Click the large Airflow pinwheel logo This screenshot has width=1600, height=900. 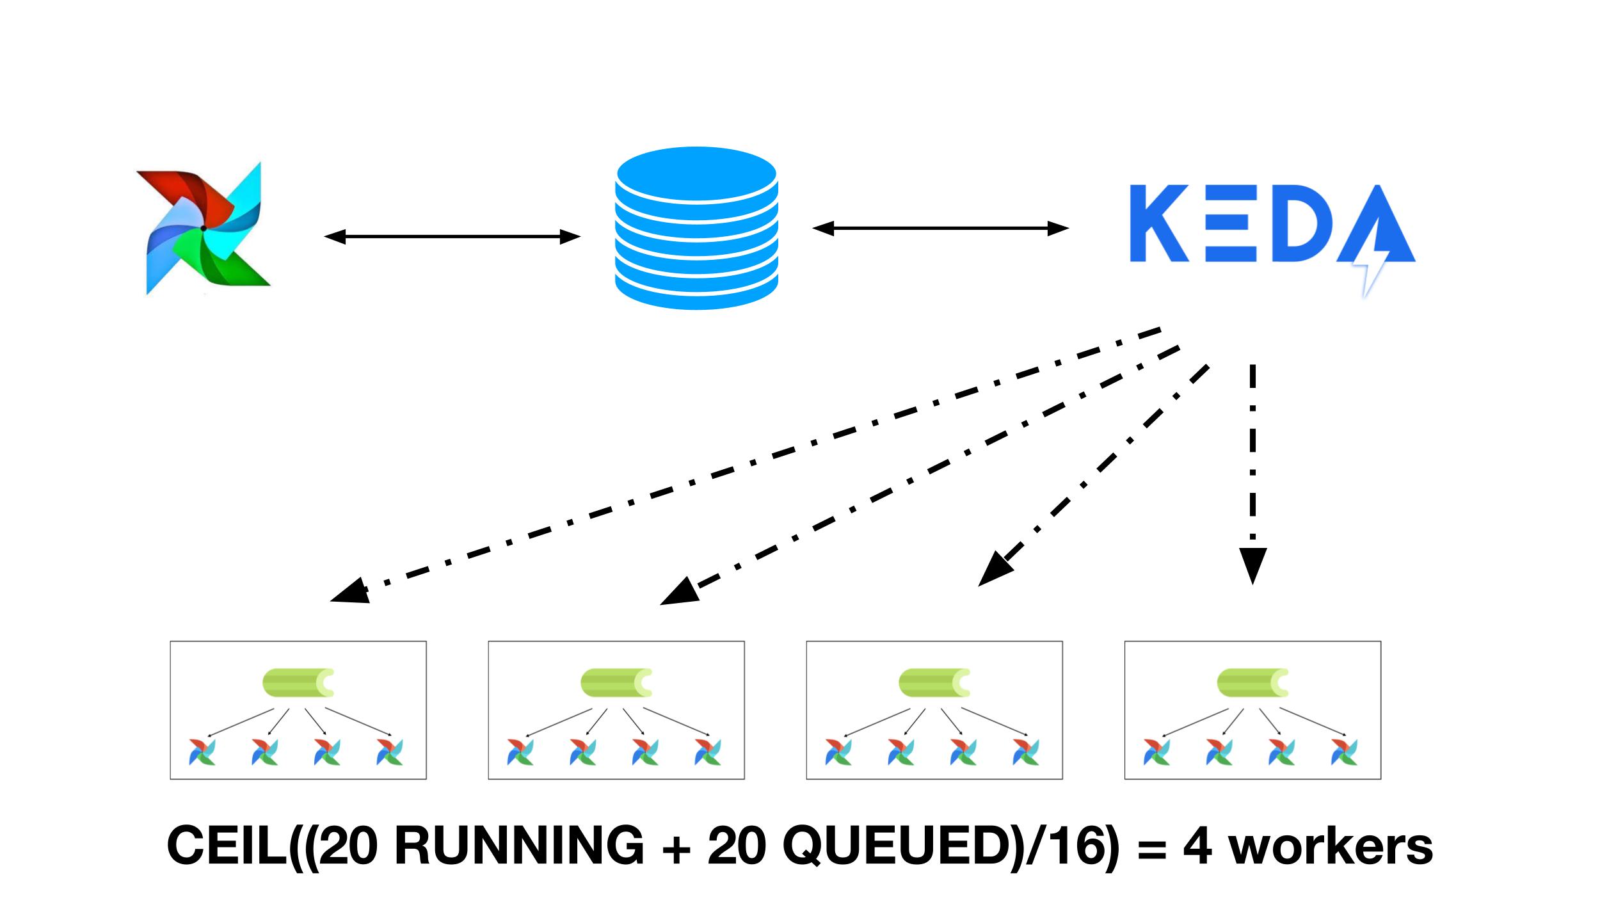tap(204, 228)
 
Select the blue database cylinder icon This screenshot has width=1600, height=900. tap(696, 228)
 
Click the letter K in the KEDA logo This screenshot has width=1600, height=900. tap(1159, 223)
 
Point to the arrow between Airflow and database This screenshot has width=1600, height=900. tap(452, 237)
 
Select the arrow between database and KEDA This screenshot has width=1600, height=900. tap(940, 228)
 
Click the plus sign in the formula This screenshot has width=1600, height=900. tap(675, 847)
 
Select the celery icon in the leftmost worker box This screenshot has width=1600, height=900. tap(298, 683)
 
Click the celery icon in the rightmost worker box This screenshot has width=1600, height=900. tap(1252, 683)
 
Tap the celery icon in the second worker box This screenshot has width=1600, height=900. tap(616, 683)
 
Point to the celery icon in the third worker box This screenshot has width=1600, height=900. tap(934, 683)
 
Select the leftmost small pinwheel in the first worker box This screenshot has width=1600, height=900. tap(202, 752)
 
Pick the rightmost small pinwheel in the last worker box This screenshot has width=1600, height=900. tap(1344, 752)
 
